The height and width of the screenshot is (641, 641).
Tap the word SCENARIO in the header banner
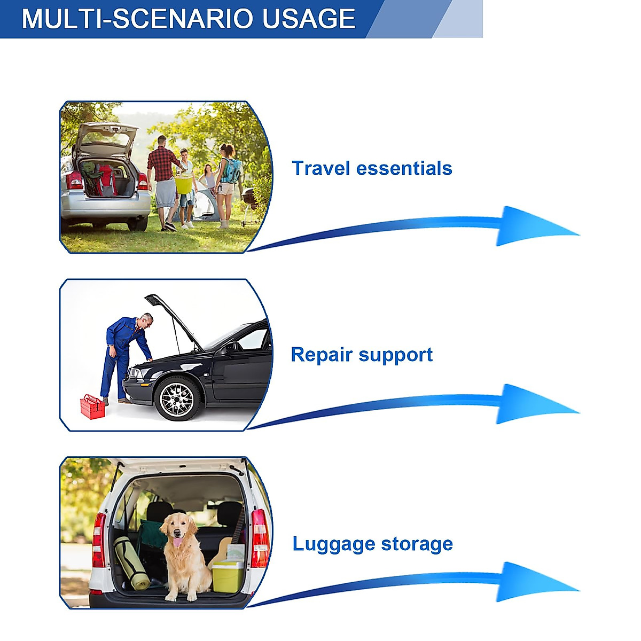189,19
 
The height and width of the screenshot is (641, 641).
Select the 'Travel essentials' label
372,168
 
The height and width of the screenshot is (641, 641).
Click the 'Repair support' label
362,355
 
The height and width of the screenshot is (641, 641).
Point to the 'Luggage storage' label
372,544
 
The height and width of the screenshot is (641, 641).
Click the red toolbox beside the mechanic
92,407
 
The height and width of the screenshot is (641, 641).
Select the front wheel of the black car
177,398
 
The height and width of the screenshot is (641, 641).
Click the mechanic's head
146,320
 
